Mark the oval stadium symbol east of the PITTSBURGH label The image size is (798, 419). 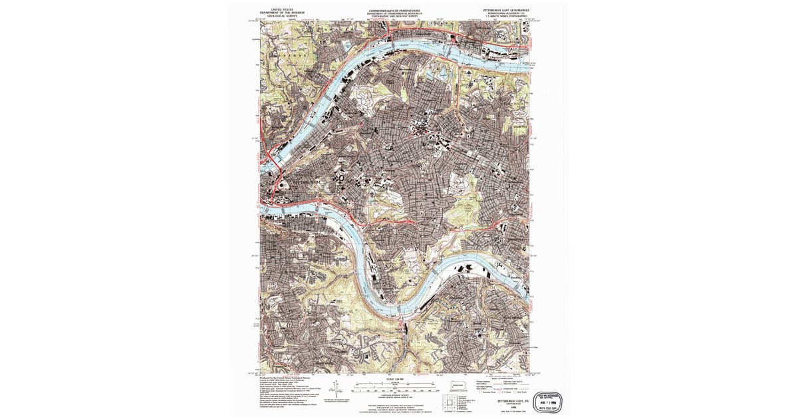tap(341, 178)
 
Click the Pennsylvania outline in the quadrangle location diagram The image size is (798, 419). tap(458, 385)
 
